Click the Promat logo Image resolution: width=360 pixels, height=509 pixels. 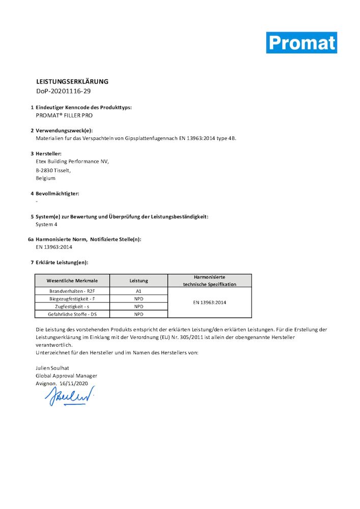click(x=301, y=43)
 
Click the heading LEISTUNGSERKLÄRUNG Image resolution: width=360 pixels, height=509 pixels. click(x=72, y=81)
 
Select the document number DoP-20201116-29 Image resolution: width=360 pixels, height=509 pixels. click(x=64, y=91)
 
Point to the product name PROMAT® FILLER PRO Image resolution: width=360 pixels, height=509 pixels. click(x=64, y=116)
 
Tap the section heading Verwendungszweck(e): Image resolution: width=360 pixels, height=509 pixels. click(x=64, y=131)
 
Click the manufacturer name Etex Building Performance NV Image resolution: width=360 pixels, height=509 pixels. click(x=72, y=161)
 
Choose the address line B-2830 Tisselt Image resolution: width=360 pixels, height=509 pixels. click(x=53, y=170)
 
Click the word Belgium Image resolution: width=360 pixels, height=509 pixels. click(x=46, y=178)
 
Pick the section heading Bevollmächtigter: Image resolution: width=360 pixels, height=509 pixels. click(x=58, y=193)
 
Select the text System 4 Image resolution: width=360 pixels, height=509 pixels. click(x=47, y=224)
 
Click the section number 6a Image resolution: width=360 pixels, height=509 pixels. click(x=31, y=239)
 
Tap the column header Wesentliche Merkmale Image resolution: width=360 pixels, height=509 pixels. click(x=72, y=280)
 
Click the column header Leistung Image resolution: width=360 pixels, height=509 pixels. click(x=139, y=280)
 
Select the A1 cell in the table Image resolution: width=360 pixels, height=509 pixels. click(x=139, y=291)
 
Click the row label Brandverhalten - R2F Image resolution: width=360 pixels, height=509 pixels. click(x=72, y=291)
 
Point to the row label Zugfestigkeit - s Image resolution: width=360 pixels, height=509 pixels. click(x=72, y=306)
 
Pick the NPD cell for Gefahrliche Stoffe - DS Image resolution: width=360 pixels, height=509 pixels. click(x=139, y=315)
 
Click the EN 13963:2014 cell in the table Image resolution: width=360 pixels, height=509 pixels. click(x=209, y=302)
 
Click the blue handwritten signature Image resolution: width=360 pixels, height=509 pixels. click(x=71, y=395)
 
